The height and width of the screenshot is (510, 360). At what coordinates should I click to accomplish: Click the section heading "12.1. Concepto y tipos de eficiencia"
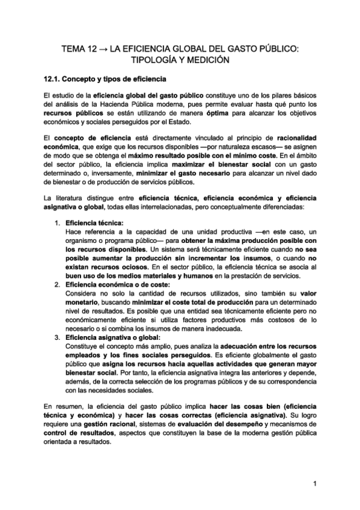[x=105, y=79]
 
